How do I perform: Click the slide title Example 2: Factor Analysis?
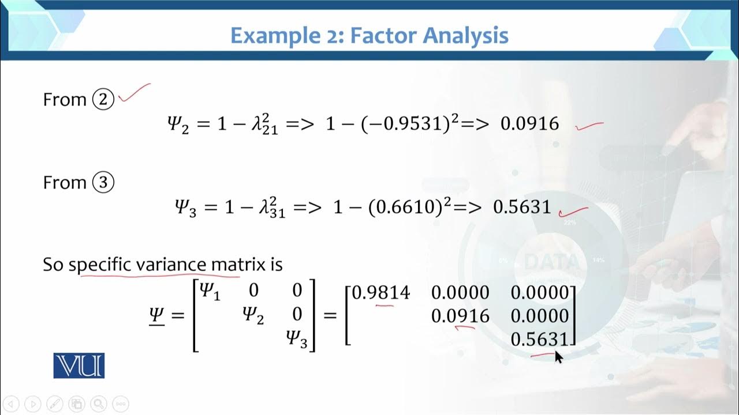click(369, 36)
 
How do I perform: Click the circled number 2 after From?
click(104, 100)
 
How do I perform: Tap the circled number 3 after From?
click(104, 183)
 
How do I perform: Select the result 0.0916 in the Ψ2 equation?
click(529, 123)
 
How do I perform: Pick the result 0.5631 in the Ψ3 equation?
click(522, 207)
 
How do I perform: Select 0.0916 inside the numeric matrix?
click(460, 316)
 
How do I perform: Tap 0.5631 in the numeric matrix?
click(540, 339)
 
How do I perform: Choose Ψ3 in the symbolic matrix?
click(297, 339)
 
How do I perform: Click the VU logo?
click(79, 366)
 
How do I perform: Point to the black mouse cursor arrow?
click(558, 357)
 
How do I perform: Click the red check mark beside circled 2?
click(134, 94)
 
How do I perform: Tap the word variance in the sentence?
click(171, 265)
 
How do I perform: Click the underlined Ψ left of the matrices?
click(156, 316)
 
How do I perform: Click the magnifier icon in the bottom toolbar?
click(99, 403)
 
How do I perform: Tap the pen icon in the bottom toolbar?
click(55, 403)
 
